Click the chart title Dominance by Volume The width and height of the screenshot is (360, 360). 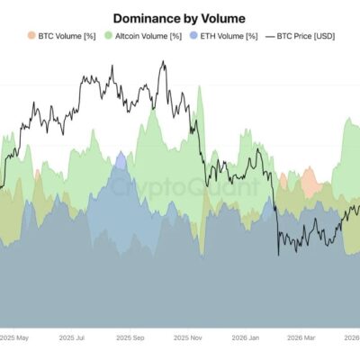coord(179,19)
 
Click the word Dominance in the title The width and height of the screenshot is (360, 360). coord(146,19)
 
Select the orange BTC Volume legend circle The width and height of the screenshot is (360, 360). coord(31,36)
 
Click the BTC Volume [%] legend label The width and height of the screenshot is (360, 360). coord(67,36)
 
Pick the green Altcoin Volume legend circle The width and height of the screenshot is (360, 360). coord(108,36)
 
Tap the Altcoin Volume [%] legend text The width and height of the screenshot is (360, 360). coord(148,36)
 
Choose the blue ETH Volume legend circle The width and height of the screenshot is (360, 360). coord(194,36)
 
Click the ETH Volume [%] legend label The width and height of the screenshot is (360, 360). coord(229,36)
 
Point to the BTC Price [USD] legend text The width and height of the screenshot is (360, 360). coord(306,36)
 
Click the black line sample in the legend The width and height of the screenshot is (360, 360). coord(270,37)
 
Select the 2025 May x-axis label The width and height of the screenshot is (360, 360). coord(14,337)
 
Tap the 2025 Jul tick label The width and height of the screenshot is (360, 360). coord(72,337)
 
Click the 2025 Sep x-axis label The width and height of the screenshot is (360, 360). coord(130,337)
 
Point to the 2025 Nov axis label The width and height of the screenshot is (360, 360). coord(188,337)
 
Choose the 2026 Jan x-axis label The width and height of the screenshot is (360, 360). coord(246,337)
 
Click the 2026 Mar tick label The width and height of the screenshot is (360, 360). coord(301,337)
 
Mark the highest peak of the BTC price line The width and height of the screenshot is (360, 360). coord(163,61)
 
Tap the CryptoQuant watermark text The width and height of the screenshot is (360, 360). coord(184,186)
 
